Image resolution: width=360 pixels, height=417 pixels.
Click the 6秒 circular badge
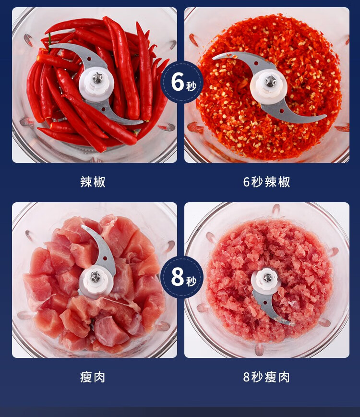click(182, 82)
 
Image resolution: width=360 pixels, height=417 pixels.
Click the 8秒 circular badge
click(182, 277)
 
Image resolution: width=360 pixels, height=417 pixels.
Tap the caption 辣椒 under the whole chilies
click(93, 182)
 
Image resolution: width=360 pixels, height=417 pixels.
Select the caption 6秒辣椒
click(266, 182)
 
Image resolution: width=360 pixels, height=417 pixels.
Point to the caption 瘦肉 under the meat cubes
click(93, 377)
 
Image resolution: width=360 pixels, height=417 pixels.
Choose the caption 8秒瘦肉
click(266, 377)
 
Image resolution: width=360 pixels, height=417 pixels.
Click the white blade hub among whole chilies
click(96, 83)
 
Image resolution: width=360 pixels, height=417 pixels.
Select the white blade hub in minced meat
click(266, 281)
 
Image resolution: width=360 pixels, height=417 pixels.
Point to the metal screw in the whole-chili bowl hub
click(97, 78)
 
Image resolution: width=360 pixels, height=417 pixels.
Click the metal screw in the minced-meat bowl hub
click(267, 278)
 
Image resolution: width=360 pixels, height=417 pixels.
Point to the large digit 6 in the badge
click(177, 81)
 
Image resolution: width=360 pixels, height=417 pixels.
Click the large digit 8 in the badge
click(177, 277)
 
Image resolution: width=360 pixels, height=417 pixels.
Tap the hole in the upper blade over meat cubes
click(105, 258)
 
